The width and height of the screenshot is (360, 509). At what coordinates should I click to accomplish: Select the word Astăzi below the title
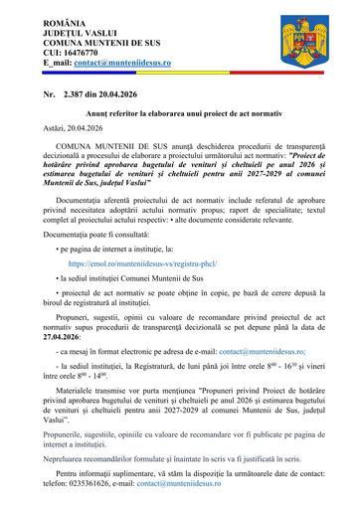[x=46, y=129]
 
